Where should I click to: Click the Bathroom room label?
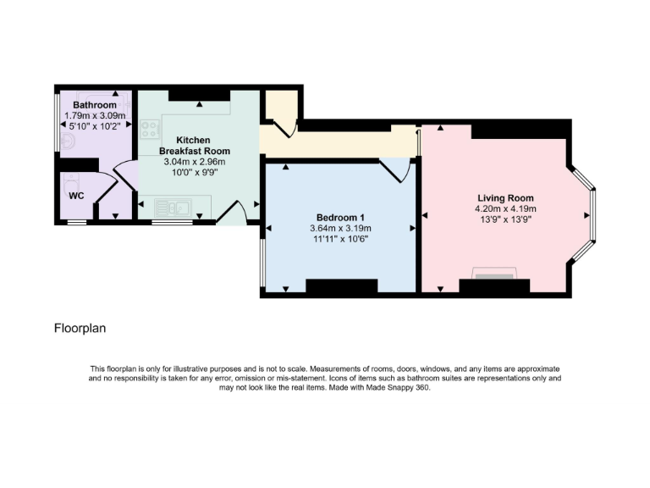[x=94, y=105]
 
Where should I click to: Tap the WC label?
[x=76, y=195]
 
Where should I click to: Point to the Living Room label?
[x=505, y=197]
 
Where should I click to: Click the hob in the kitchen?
[x=151, y=130]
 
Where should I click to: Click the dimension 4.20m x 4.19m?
[x=505, y=208]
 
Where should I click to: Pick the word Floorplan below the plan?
[x=80, y=327]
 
